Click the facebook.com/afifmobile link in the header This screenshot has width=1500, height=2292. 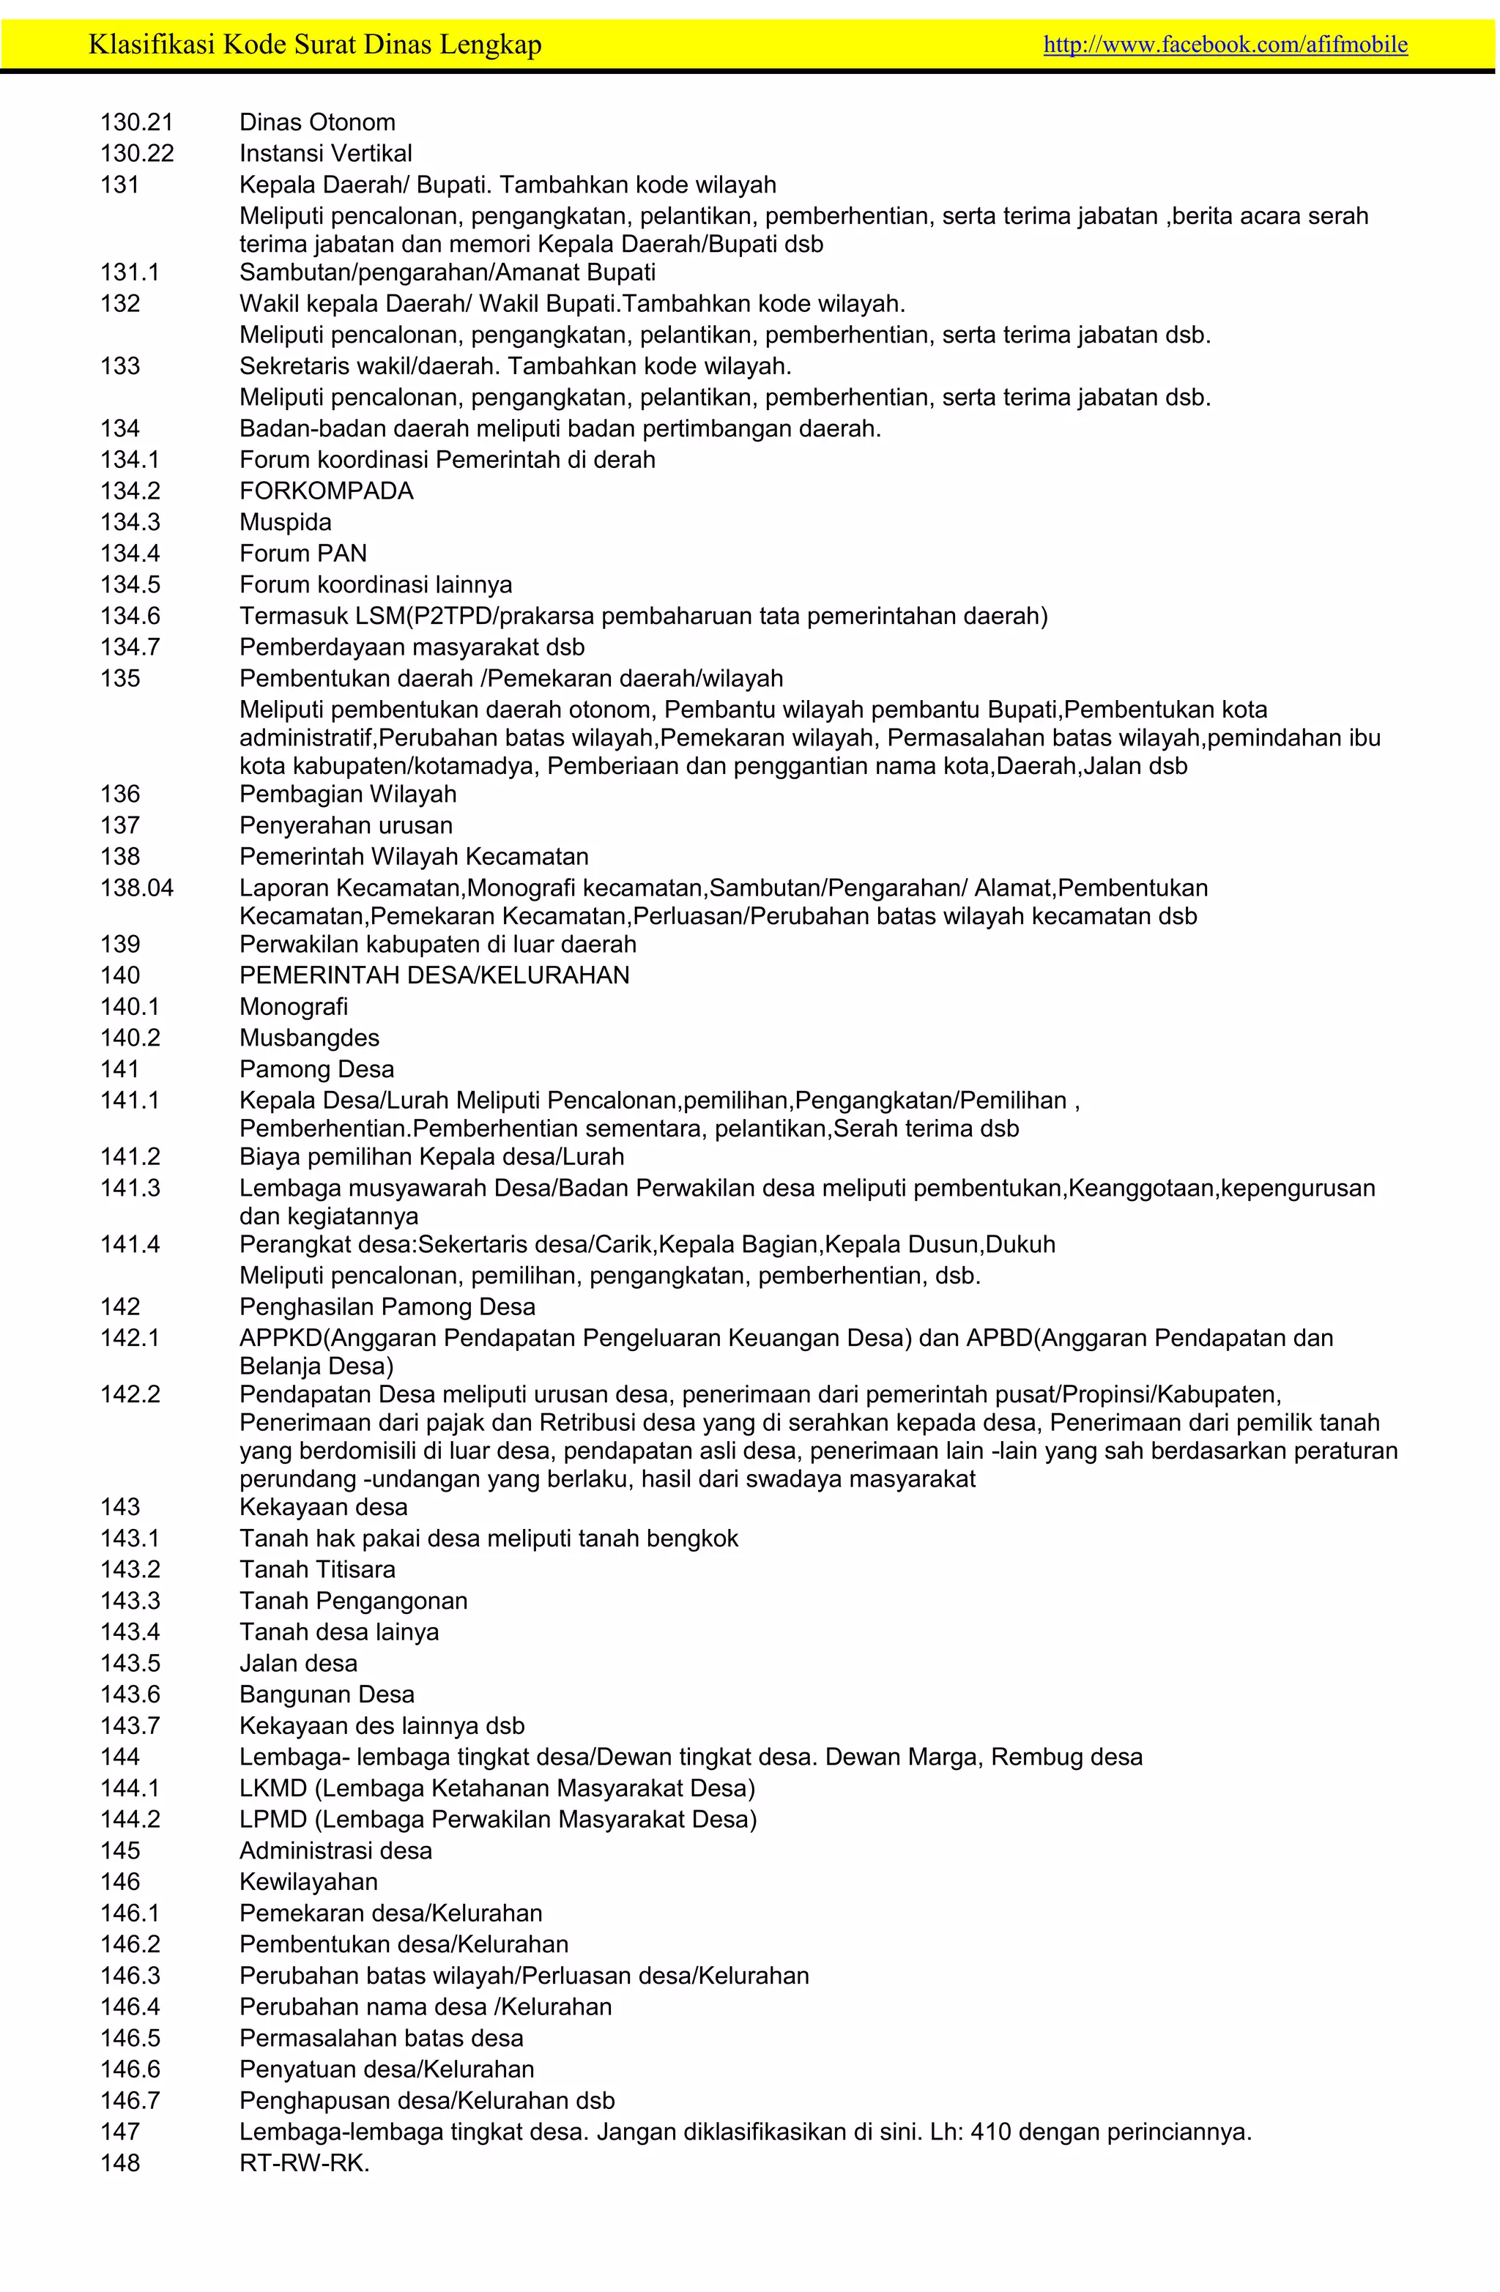pos(1225,44)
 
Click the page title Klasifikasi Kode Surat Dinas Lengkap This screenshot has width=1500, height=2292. pos(315,44)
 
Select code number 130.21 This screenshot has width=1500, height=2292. pos(137,122)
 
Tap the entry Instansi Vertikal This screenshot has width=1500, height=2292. pos(326,153)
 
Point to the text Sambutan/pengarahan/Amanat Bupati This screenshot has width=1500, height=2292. pos(447,272)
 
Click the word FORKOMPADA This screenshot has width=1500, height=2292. pos(327,491)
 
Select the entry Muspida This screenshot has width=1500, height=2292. pos(285,522)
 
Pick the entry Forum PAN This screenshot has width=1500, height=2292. pos(303,554)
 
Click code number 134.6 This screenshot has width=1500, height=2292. pos(130,617)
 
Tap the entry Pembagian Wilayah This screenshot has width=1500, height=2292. pos(348,795)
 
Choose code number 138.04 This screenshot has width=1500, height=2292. pos(137,888)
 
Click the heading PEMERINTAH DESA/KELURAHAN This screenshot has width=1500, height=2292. pos(434,975)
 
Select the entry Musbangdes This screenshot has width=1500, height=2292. pos(309,1038)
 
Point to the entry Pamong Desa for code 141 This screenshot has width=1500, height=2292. pos(317,1069)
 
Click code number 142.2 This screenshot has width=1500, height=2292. pos(130,1394)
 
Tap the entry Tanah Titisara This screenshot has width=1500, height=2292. pos(317,1570)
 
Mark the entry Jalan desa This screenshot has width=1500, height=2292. pos(299,1663)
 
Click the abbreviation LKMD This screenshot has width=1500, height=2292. pos(272,1788)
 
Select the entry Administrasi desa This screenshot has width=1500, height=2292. pos(335,1851)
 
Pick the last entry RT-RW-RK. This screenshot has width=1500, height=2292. pos(305,2163)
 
